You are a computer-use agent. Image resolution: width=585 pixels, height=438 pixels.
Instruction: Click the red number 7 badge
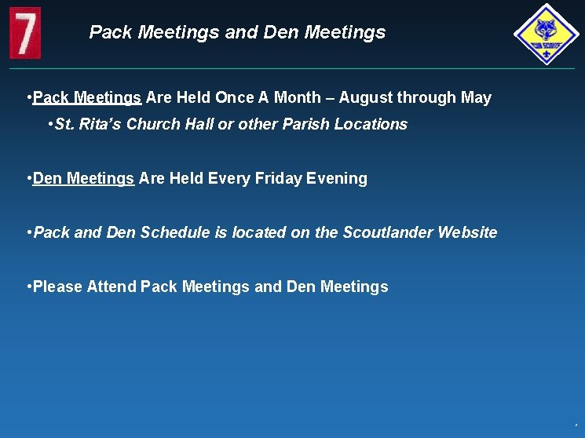point(25,32)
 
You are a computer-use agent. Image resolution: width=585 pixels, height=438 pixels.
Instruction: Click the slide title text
point(237,32)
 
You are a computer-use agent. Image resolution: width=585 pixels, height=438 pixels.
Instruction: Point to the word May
point(476,98)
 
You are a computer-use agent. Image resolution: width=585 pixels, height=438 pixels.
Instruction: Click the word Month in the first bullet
point(296,98)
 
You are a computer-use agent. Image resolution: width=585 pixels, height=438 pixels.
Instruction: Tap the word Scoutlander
point(388,232)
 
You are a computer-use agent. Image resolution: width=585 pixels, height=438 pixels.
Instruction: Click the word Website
point(467,232)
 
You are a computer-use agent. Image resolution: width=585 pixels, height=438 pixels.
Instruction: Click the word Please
point(58,287)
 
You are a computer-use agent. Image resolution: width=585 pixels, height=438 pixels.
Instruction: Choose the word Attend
point(112,287)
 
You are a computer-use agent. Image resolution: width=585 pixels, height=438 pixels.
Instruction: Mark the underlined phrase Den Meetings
point(84,178)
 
